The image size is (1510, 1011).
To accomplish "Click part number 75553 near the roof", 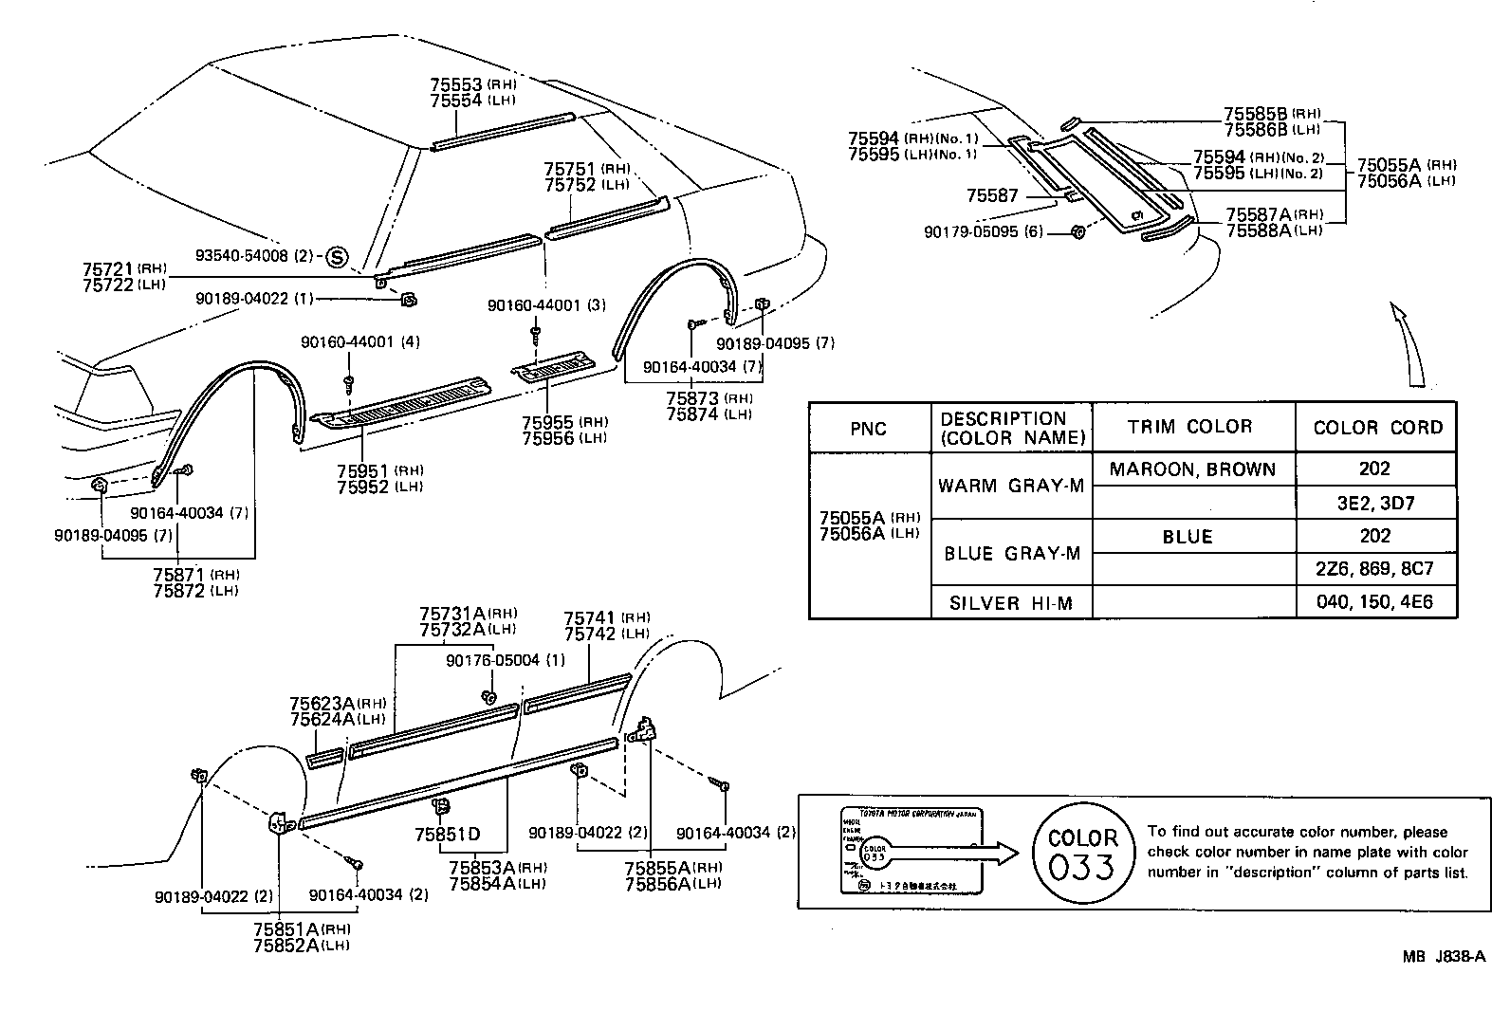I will coord(456,84).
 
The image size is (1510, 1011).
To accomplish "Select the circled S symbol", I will coord(337,256).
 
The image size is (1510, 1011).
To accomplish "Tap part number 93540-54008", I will coord(241,256).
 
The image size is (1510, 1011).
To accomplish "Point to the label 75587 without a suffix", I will coord(992,196).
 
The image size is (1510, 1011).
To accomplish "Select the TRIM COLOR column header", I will coord(1189,427).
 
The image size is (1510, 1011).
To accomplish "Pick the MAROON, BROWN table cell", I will coord(1192,469).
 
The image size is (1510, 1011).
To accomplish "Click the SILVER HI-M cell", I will coord(1011,603).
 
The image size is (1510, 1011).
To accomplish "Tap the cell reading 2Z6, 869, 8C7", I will coord(1374,569).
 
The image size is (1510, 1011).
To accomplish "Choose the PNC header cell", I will coord(868,429).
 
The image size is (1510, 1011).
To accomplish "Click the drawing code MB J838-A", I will coord(1444,958).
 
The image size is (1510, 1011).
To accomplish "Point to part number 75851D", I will coord(447,835).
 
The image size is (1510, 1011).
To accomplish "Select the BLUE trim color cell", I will coord(1188,537).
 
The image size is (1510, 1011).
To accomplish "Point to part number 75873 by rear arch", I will coord(694,398).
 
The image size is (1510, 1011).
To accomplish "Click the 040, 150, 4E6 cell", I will coord(1374,603).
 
